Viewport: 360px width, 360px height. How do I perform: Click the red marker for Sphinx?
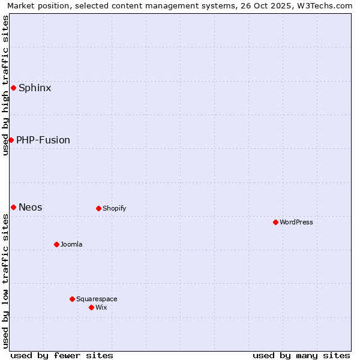click(x=13, y=88)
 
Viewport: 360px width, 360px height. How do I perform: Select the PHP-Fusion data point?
click(x=11, y=140)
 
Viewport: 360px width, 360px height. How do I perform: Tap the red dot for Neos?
click(x=13, y=207)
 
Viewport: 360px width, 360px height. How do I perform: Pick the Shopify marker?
click(x=98, y=208)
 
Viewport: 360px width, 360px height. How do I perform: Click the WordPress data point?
click(x=275, y=222)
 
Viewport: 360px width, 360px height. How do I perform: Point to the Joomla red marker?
click(x=56, y=244)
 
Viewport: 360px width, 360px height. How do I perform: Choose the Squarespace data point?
click(x=72, y=299)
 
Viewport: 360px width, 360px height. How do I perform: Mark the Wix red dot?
click(x=91, y=307)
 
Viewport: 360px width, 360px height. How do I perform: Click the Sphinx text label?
click(x=35, y=88)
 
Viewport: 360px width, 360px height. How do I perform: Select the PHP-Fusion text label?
click(x=43, y=140)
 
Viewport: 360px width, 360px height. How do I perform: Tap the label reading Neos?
click(x=31, y=207)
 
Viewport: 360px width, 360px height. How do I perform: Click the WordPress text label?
click(x=296, y=222)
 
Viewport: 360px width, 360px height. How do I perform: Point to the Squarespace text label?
click(x=97, y=299)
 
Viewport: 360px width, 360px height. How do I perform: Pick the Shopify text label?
click(x=114, y=208)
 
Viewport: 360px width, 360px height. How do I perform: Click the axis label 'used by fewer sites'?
click(x=62, y=355)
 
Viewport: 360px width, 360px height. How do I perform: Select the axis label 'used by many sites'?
click(x=301, y=355)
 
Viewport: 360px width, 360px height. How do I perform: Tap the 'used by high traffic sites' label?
click(x=6, y=85)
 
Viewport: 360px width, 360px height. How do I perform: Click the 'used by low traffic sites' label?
click(x=6, y=281)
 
